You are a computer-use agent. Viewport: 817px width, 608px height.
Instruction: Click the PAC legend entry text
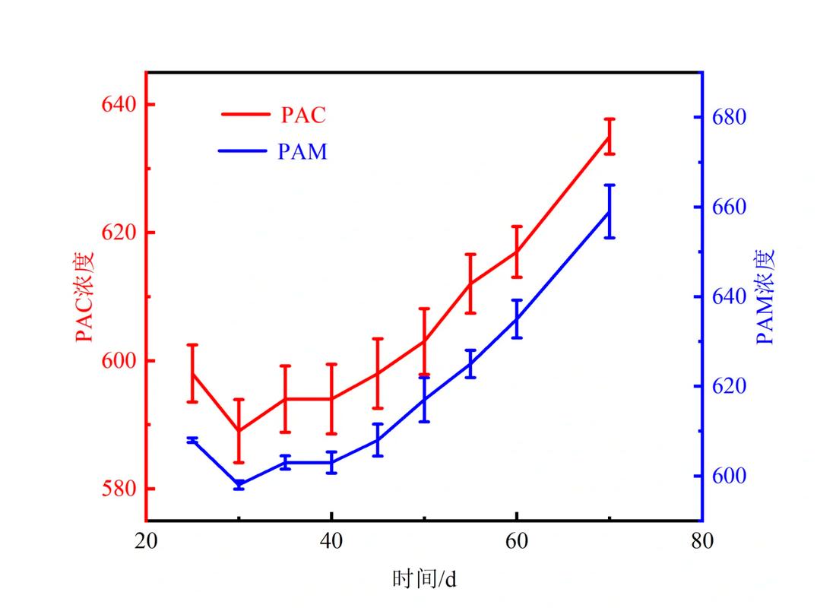pyautogui.click(x=303, y=115)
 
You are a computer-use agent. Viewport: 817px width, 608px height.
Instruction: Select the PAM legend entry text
pyautogui.click(x=302, y=151)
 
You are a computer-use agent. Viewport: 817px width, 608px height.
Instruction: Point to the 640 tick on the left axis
pyautogui.click(x=119, y=104)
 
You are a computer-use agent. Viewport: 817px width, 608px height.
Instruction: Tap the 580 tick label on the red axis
pyautogui.click(x=119, y=489)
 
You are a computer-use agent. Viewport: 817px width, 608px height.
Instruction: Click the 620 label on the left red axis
pyautogui.click(x=119, y=233)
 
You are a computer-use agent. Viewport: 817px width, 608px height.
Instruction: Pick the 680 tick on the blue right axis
pyautogui.click(x=729, y=117)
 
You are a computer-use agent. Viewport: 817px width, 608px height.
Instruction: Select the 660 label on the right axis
pyautogui.click(x=729, y=207)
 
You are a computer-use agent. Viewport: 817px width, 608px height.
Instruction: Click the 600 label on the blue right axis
pyautogui.click(x=729, y=476)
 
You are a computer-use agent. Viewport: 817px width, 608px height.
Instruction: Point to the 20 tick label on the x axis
pyautogui.click(x=146, y=541)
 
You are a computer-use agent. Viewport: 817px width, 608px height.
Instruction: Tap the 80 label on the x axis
pyautogui.click(x=701, y=541)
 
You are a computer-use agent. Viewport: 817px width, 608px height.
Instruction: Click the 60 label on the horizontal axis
pyautogui.click(x=516, y=541)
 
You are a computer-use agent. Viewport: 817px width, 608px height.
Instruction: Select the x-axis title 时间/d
pyautogui.click(x=424, y=579)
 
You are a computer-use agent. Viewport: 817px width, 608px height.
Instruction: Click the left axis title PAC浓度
pyautogui.click(x=84, y=296)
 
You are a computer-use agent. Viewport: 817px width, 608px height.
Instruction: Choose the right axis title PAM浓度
pyautogui.click(x=765, y=296)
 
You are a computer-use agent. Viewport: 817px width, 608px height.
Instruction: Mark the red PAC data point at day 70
pyautogui.click(x=609, y=137)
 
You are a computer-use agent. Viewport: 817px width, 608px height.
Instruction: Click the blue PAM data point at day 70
pyautogui.click(x=609, y=211)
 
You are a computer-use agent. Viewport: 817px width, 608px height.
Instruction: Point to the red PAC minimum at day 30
pyautogui.click(x=239, y=431)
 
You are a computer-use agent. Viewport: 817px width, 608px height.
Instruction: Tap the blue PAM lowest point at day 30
pyautogui.click(x=239, y=485)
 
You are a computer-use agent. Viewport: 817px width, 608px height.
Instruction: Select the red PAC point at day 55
pyautogui.click(x=470, y=283)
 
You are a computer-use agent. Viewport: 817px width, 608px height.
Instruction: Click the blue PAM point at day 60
pyautogui.click(x=516, y=319)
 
